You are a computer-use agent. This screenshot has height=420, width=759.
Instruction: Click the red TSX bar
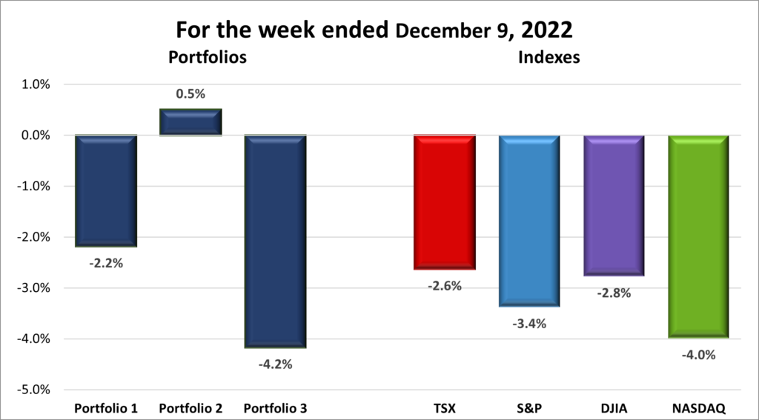444,202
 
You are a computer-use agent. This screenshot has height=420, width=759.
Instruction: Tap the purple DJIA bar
614,206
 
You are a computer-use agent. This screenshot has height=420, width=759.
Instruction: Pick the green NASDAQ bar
698,236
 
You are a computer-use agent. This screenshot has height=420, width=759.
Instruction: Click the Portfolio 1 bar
106,190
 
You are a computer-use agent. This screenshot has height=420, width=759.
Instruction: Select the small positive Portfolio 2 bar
190,122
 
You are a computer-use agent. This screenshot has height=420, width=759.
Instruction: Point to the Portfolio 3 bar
275,241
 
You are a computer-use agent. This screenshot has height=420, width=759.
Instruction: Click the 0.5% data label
190,95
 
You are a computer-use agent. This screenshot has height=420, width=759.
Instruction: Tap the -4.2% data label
275,364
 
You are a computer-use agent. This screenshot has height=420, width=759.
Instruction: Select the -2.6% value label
444,286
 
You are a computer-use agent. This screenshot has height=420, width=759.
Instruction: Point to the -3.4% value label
529,323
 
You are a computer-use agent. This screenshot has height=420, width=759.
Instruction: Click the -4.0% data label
698,354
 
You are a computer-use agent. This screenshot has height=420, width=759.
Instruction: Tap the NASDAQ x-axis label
698,408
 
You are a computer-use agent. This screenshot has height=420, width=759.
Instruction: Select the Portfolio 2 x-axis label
190,408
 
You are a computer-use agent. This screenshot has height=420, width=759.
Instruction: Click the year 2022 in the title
548,31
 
